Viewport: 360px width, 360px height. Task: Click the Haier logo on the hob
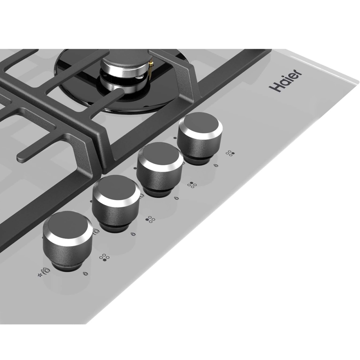coord(285,80)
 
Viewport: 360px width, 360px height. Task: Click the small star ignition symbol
coord(40,275)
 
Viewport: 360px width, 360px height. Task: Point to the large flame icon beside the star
coord(46,271)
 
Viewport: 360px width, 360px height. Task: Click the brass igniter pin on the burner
coord(151,69)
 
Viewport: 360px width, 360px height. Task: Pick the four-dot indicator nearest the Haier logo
coord(230,153)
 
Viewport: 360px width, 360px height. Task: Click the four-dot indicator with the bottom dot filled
coord(104,257)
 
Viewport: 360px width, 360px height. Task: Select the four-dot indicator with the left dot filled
coord(150,220)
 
